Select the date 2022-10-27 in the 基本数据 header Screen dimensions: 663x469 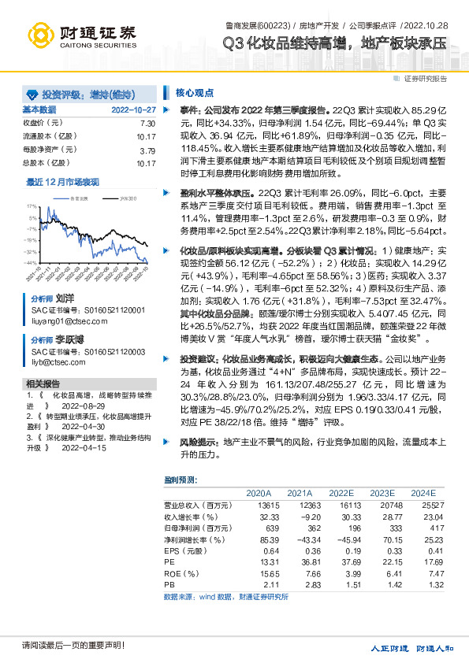click(x=134, y=109)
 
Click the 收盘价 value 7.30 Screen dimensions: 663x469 click(x=147, y=124)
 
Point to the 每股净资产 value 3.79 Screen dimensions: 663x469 click(x=147, y=150)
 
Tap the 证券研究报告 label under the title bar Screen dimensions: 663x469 click(x=426, y=79)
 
